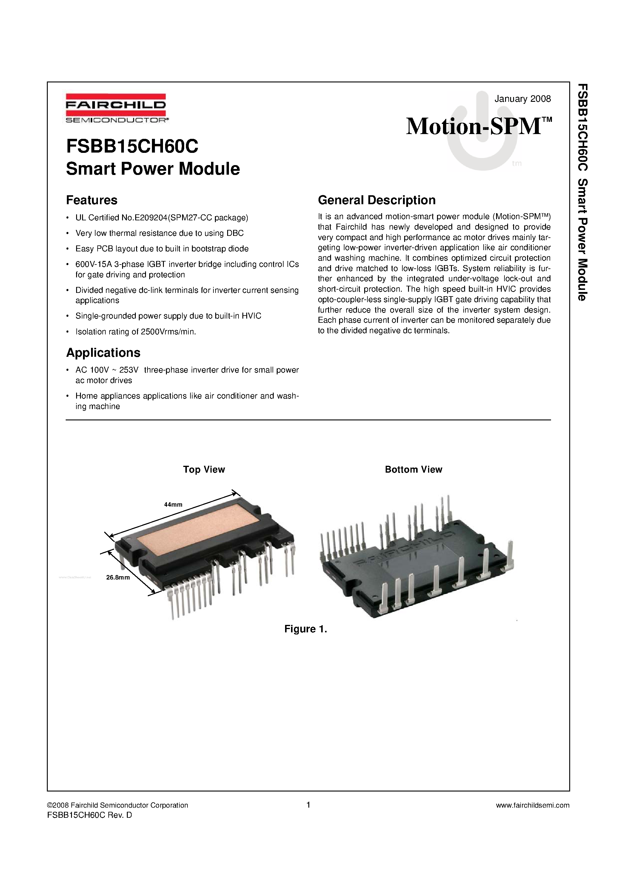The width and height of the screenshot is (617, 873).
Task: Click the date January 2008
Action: coord(522,99)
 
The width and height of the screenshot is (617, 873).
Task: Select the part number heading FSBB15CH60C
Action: coord(132,146)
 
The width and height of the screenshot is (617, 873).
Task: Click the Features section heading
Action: coord(92,200)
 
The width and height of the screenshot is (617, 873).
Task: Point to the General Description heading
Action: coord(376,200)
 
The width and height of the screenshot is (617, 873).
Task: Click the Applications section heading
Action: coord(103,353)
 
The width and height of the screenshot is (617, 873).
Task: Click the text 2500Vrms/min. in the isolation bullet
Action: coord(168,332)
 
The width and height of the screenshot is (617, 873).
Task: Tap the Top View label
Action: coord(204,470)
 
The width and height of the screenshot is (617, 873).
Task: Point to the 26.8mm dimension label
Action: coord(118,577)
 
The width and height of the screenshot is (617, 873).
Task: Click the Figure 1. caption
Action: coord(306,629)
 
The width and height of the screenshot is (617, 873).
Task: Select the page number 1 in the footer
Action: coord(308,805)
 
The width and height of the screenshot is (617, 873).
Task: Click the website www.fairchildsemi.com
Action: coord(533,805)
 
